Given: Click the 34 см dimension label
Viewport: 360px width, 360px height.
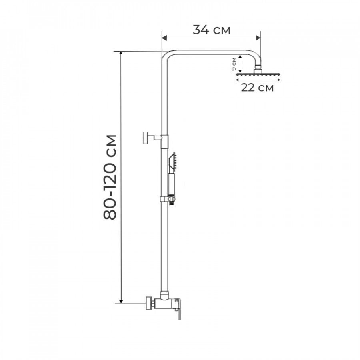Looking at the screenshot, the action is point(211,30).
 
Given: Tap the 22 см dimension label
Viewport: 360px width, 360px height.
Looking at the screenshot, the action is point(257,88).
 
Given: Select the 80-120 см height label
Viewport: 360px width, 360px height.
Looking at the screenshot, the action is point(110,177).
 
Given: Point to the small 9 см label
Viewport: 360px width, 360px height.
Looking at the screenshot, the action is point(234,64).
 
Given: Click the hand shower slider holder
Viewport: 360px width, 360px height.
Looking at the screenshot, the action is point(168,199).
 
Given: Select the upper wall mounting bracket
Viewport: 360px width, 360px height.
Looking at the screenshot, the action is point(152,138).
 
